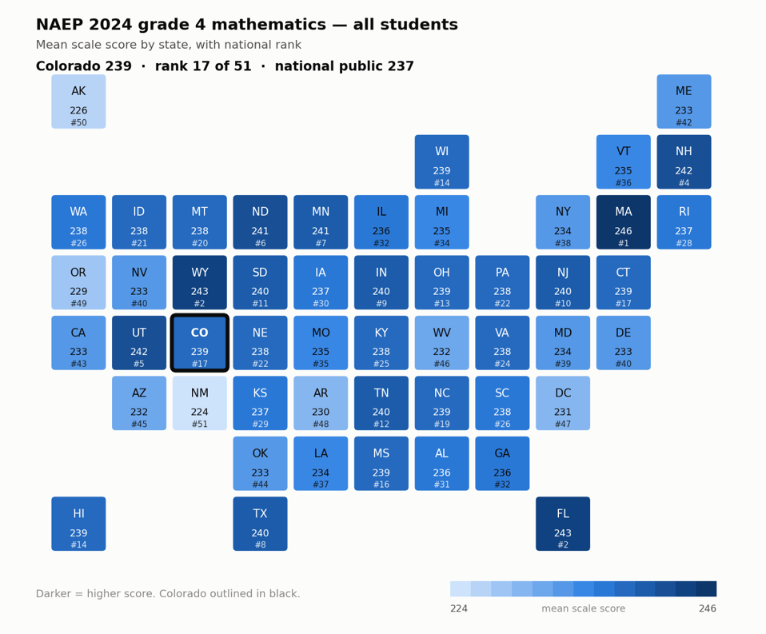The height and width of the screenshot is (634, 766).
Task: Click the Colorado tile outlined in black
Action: (x=200, y=343)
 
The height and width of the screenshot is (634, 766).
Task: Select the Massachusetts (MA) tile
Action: (x=624, y=222)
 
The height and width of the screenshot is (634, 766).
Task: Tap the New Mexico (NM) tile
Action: (x=200, y=403)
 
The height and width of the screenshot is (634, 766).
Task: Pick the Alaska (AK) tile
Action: (x=78, y=102)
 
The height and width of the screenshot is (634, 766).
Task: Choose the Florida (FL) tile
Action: (x=563, y=524)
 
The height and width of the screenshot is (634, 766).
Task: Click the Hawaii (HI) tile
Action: (x=78, y=524)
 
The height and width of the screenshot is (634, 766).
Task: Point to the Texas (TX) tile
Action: (x=261, y=524)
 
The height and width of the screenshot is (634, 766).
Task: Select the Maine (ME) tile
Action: (x=684, y=102)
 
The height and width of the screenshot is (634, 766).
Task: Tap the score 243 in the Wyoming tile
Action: (x=200, y=292)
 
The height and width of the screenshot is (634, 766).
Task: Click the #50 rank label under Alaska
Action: (x=78, y=122)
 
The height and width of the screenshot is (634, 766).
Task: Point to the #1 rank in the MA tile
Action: (x=624, y=243)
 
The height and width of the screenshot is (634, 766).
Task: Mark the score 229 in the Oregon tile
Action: (x=78, y=292)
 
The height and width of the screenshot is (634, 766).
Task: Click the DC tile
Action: (x=563, y=403)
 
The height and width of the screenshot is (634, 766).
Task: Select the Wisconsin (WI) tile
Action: (x=441, y=161)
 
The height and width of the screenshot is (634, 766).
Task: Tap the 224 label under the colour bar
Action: (x=459, y=608)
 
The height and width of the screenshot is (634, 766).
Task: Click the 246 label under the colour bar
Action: (x=708, y=608)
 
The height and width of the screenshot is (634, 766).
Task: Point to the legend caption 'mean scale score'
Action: (x=583, y=608)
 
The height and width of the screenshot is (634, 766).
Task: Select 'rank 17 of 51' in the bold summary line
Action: (x=203, y=66)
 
